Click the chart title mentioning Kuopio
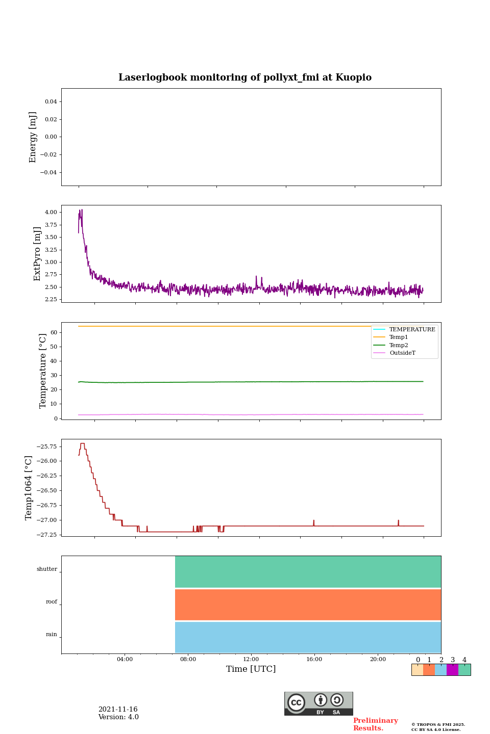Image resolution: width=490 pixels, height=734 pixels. [245, 77]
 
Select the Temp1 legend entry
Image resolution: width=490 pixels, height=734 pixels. [398, 337]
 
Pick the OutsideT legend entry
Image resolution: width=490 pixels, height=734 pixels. [402, 353]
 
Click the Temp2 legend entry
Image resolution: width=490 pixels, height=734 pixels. [398, 345]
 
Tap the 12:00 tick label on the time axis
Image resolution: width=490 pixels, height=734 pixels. [251, 660]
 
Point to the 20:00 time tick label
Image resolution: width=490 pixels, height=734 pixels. [378, 660]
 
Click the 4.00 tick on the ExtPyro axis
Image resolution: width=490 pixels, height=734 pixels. [51, 212]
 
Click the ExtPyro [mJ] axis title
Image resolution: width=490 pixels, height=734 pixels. [37, 254]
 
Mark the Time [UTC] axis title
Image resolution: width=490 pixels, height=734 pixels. [251, 669]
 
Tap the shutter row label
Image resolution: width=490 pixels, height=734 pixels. [47, 569]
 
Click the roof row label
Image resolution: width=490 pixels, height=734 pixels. [52, 602]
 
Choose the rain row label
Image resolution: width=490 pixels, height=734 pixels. [52, 635]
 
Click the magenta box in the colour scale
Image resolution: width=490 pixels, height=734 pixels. [452, 670]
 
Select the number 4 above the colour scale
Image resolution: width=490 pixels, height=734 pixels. [464, 660]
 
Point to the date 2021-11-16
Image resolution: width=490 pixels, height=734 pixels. [118, 710]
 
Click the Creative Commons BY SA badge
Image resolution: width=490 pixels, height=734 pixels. [318, 703]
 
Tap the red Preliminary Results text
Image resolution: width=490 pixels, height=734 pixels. [375, 724]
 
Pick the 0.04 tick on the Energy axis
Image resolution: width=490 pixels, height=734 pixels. [51, 101]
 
